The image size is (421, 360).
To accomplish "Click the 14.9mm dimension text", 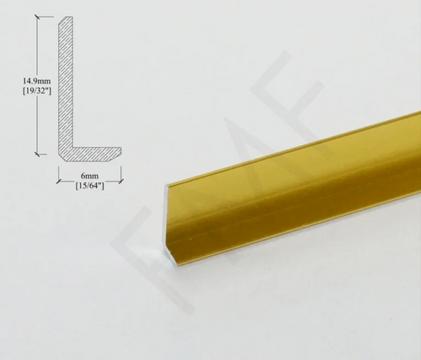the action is (37, 82).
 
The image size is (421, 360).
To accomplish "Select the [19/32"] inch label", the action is (37, 91).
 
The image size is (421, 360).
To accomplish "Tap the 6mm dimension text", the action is (90, 176).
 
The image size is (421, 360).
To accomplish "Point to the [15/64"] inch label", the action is (90, 186).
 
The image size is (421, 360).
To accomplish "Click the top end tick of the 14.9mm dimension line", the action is (38, 17).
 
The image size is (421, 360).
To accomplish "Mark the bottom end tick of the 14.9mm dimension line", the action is (38, 154).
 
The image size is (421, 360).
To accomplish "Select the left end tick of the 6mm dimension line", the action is (59, 182).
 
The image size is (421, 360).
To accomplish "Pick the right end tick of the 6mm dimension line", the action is (121, 182).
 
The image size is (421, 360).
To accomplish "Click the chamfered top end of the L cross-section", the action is (67, 19).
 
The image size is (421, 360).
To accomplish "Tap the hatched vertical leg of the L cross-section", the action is (66, 84).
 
